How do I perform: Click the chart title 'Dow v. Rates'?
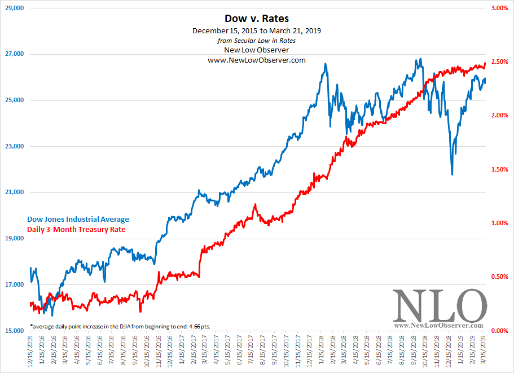tap(256, 19)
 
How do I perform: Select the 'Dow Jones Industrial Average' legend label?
tap(78, 220)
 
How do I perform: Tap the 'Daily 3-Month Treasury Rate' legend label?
tap(76, 230)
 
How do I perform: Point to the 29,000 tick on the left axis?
tap(14, 8)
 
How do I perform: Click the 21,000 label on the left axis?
tap(14, 192)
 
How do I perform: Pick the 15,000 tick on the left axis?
tap(14, 331)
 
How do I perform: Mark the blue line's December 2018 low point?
tap(452, 174)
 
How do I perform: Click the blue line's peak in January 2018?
tap(326, 64)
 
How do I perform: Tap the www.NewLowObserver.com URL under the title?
tap(256, 60)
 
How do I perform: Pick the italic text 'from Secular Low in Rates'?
tap(256, 40)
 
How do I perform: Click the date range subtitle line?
tap(256, 30)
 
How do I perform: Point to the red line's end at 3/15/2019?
tap(485, 63)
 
